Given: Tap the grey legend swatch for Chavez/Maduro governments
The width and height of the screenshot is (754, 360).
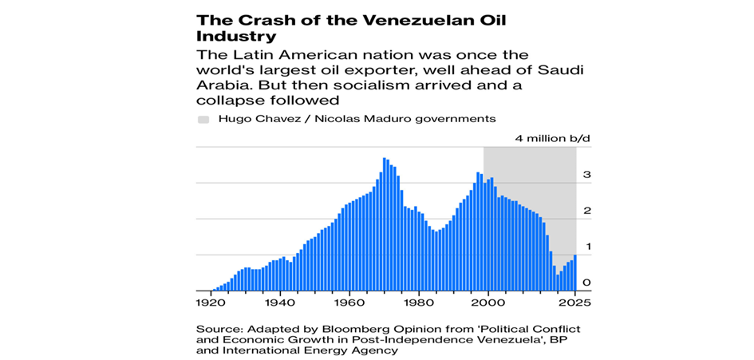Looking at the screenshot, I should click(203, 118).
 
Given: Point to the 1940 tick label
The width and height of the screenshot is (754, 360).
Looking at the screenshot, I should click(278, 303).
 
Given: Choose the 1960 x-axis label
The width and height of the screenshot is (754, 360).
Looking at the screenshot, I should click(348, 303).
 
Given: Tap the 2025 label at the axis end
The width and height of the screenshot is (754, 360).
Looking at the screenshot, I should click(574, 303).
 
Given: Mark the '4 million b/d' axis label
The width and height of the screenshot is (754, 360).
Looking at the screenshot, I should click(552, 138).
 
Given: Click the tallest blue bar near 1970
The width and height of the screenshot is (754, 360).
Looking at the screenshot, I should click(385, 224).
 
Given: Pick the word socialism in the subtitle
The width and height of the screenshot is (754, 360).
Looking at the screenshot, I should click(388, 85).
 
